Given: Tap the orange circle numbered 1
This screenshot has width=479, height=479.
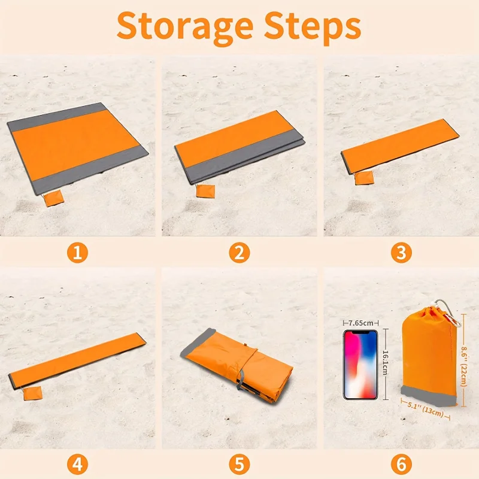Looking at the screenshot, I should pos(77,253).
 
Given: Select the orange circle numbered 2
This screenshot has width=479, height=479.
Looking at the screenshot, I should pos(239,253).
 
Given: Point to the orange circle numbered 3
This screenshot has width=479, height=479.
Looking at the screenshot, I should pos(402,253).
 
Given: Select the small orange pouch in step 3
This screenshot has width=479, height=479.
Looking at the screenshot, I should pos(363,178).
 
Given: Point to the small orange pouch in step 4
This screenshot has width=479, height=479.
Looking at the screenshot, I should pos(32,393).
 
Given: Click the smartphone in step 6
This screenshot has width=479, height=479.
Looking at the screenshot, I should pos(360,365).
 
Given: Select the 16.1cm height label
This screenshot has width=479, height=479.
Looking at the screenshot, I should pos(386,363).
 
